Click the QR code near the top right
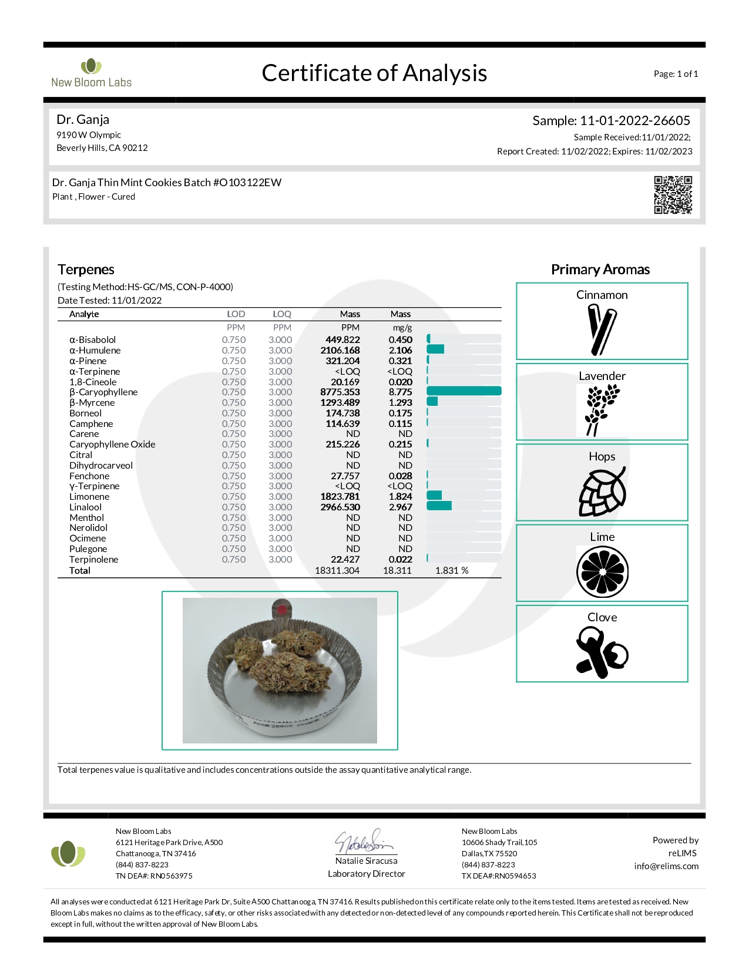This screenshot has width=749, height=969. pos(673,194)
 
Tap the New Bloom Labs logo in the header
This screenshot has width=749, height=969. pos(91,73)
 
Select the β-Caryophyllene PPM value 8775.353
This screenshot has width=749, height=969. pos(340,392)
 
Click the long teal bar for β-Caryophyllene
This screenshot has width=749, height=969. pos(463,392)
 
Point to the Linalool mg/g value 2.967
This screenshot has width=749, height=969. pos(400,507)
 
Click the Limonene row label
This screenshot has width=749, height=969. pos(89,497)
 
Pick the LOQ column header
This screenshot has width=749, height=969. pos(281,314)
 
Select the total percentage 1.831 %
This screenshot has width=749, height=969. pos(451,571)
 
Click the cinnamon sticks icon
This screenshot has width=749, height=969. pos(602,331)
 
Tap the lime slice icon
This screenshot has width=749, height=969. pos(602,572)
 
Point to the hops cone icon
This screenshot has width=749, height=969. pos(602,492)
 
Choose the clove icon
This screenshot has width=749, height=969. pos(602,652)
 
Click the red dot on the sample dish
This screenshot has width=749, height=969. pos(282,609)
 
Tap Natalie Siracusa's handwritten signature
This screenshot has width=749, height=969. pos(364,842)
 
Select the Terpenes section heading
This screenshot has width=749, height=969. pos(86,270)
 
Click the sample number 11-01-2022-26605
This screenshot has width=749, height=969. pos(634,121)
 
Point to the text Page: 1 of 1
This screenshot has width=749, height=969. pos(676,74)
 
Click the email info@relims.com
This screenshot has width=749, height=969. pos(666,866)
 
